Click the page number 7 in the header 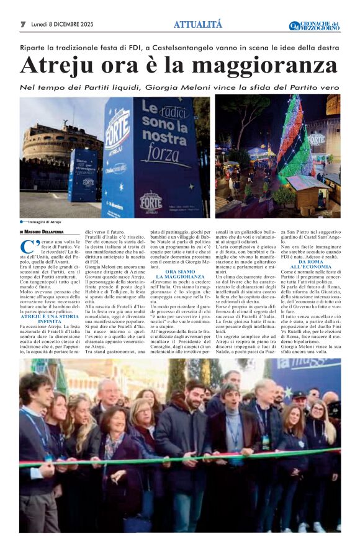23,24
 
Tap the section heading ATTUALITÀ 197,25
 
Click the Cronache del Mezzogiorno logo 315,25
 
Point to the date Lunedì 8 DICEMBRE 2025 62,24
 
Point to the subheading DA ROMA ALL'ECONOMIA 310,264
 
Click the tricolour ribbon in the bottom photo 180,455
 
